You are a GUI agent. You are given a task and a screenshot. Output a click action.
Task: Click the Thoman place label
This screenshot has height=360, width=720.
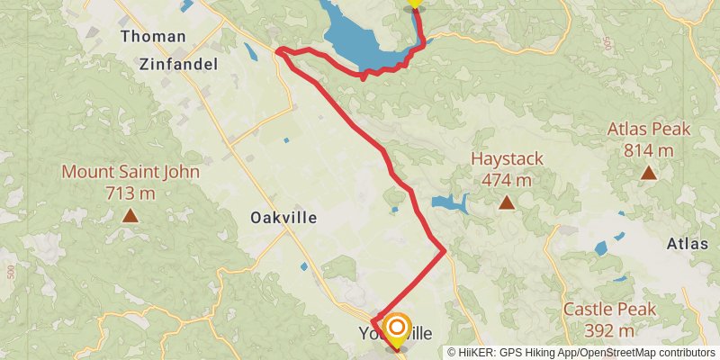[x=155, y=37]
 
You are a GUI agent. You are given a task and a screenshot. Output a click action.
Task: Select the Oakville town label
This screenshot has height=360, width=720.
[x=283, y=218]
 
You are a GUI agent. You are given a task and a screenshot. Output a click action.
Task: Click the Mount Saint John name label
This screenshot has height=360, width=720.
[x=130, y=172]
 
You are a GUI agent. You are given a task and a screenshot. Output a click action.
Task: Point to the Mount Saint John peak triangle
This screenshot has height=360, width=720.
[x=130, y=215]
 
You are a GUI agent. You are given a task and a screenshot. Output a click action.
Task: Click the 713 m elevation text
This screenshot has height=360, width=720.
[x=130, y=193]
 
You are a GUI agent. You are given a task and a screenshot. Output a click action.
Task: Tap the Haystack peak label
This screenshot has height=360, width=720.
[x=508, y=159]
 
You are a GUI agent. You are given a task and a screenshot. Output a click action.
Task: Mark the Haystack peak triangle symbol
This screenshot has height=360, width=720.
[x=508, y=202]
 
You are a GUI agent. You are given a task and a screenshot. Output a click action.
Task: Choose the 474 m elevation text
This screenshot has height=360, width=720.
[x=508, y=180]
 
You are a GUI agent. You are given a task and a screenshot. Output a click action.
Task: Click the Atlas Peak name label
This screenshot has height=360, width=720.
[x=649, y=129]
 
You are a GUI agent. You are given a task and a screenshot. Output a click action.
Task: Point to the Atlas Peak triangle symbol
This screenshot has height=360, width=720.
[x=649, y=172]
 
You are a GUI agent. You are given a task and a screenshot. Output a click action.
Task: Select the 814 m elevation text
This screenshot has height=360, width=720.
[x=649, y=149]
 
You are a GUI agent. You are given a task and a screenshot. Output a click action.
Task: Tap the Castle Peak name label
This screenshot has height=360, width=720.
[x=609, y=310]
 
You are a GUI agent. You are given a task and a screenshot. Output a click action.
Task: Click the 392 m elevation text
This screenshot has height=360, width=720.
[x=609, y=330]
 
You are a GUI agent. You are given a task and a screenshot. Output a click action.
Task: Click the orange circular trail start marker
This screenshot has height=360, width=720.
[x=395, y=327]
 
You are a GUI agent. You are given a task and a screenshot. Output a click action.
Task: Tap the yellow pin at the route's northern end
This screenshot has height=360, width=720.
[x=414, y=3]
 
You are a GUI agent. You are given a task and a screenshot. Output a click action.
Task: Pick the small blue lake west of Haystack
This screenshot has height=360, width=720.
[x=449, y=202]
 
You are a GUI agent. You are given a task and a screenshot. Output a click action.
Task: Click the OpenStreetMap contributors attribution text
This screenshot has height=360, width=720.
[x=643, y=353]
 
